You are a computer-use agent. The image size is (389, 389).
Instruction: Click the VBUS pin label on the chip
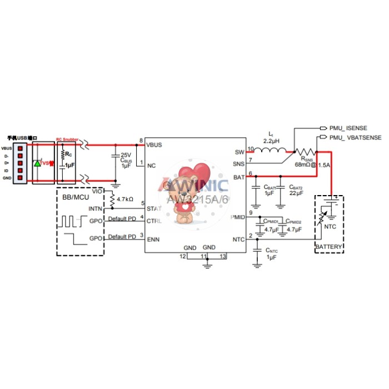click(154, 145)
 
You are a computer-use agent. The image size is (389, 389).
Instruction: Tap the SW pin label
click(240, 152)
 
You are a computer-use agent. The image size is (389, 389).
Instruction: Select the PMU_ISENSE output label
click(349, 128)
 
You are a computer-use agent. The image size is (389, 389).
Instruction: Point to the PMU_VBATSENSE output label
click(355, 137)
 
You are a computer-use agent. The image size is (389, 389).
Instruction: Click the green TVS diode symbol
click(38, 163)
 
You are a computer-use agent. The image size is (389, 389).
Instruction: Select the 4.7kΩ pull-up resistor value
click(125, 198)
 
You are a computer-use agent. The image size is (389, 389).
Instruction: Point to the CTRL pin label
click(154, 221)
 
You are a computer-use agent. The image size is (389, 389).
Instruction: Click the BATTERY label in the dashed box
click(329, 246)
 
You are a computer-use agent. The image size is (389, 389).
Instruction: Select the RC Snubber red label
click(67, 140)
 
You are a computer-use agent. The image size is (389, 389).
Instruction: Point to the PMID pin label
click(237, 217)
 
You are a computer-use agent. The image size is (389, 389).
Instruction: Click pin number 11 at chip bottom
click(203, 256)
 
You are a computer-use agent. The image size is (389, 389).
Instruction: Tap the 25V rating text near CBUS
click(126, 154)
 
